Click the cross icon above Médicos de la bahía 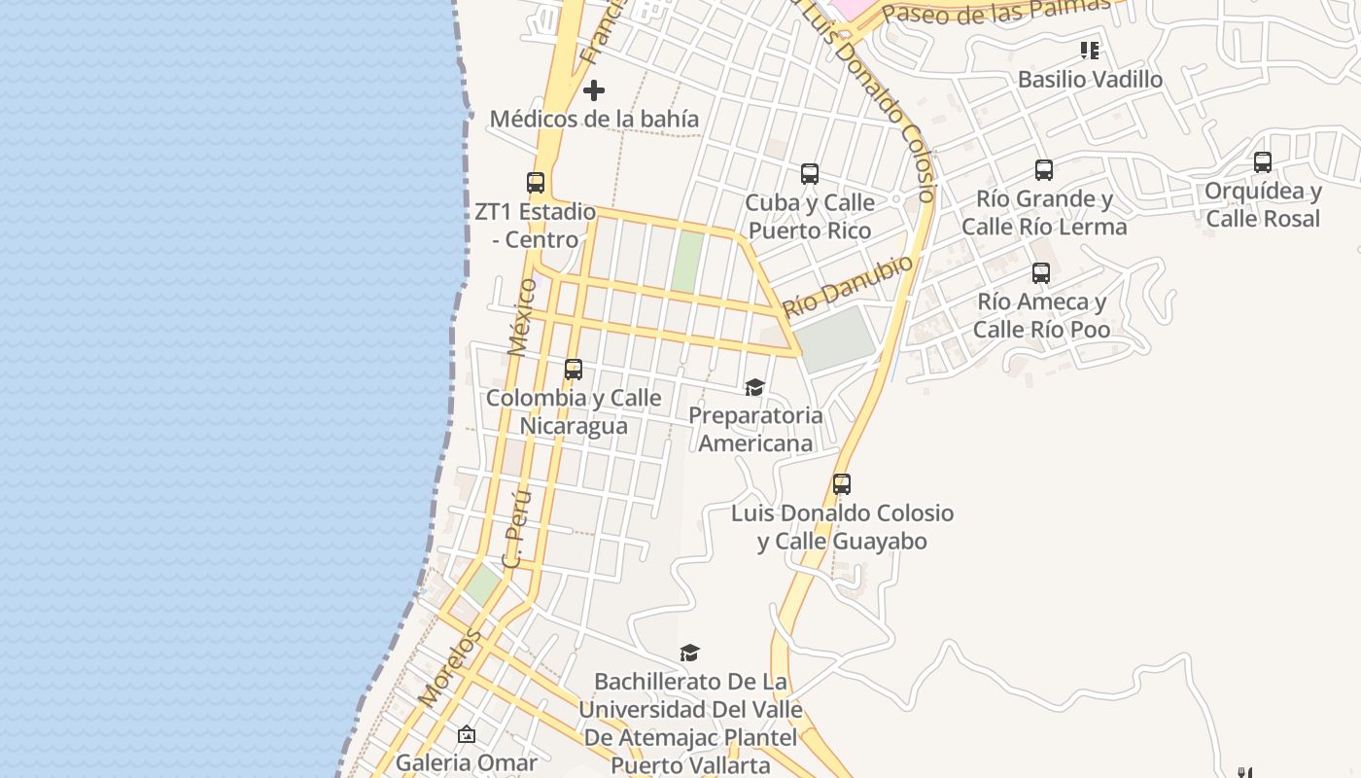pos(594,91)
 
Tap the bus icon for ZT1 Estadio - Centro pos(536,182)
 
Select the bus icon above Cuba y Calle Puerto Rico pos(810,174)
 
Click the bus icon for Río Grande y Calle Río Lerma pos(1044,170)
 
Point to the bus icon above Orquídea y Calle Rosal pos(1263,162)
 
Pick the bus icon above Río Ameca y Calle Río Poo pos(1041,273)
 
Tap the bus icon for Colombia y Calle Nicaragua pos(574,370)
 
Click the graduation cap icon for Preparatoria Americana pos(754,388)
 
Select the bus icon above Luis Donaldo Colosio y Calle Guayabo pos(842,484)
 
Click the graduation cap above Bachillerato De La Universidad pos(689,653)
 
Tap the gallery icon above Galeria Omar pos(467,734)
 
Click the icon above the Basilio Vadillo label pos(1090,51)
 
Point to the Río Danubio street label pos(849,286)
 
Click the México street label pos(522,316)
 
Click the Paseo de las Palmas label pos(995,11)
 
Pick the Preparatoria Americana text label pos(755,429)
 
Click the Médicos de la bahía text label pos(594,119)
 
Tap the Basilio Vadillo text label pos(1090,80)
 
